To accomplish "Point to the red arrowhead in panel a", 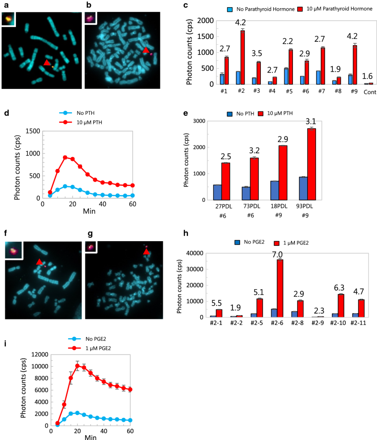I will click(47, 63).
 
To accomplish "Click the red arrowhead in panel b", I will click(146, 50).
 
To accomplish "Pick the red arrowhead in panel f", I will click(39, 261).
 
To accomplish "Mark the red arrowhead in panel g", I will click(146, 251).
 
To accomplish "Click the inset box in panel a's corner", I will click(9, 18).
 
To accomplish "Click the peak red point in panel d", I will click(65, 157).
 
